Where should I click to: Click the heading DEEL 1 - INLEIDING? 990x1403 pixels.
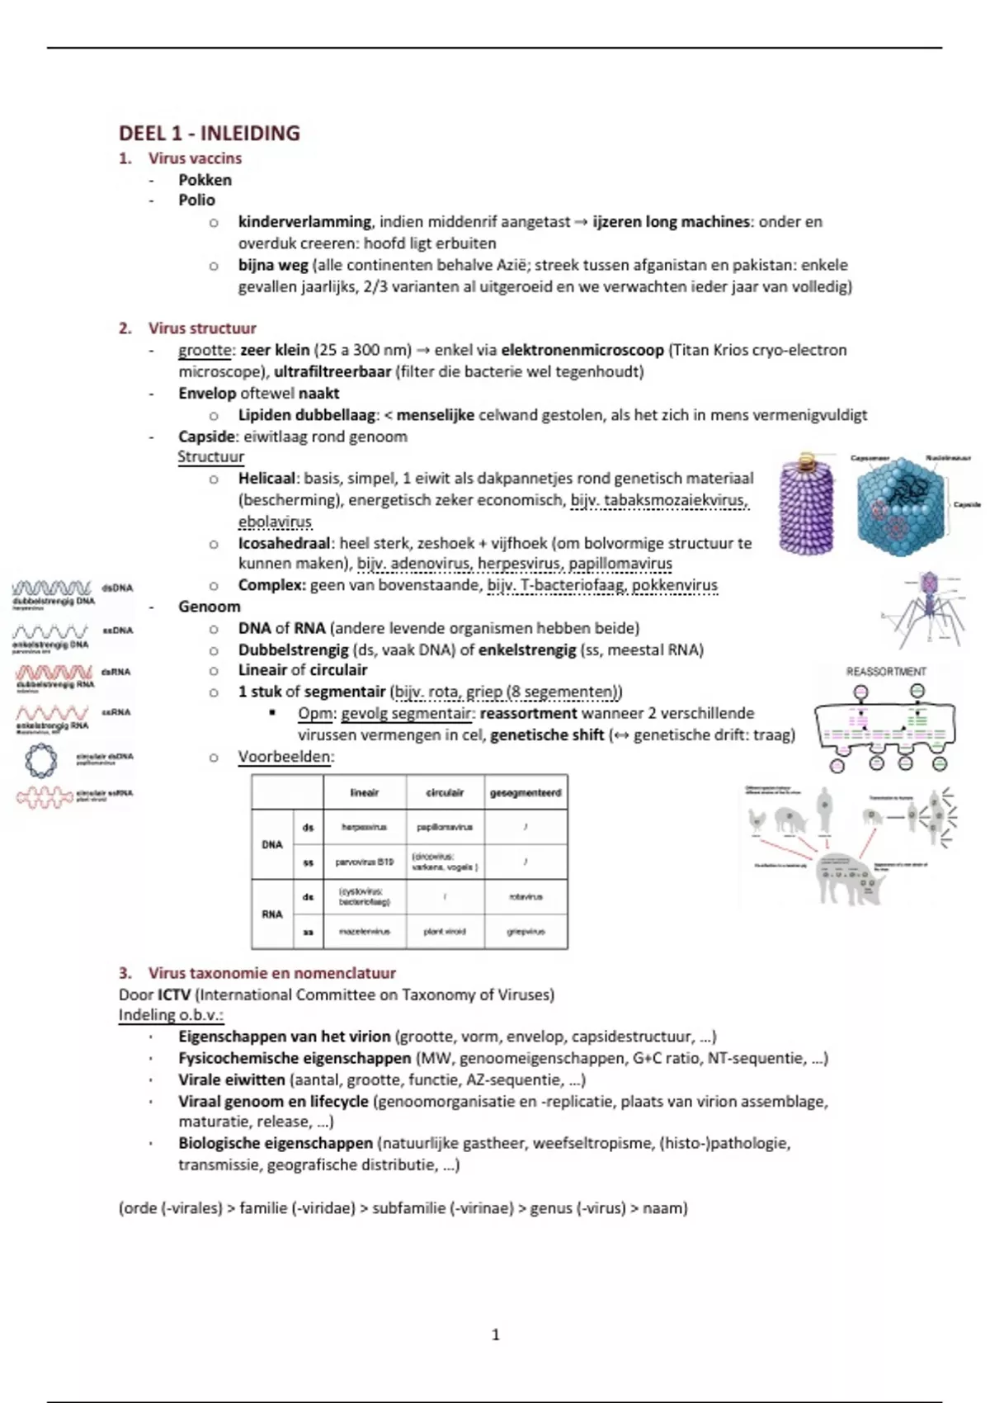pyautogui.click(x=209, y=133)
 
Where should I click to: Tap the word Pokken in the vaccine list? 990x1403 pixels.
pyautogui.click(x=205, y=180)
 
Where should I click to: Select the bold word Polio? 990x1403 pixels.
pyautogui.click(x=196, y=200)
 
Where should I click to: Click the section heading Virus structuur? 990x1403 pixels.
pyautogui.click(x=202, y=328)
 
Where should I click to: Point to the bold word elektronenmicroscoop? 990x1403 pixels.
pyautogui.click(x=582, y=350)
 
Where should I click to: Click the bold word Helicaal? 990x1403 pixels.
pyautogui.click(x=266, y=478)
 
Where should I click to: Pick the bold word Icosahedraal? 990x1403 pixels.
pyautogui.click(x=285, y=543)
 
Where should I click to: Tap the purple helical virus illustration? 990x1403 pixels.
pyautogui.click(x=806, y=504)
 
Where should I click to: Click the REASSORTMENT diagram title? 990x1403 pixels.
pyautogui.click(x=886, y=671)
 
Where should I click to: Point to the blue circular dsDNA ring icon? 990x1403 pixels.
pyautogui.click(x=40, y=760)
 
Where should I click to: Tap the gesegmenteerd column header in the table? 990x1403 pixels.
pyautogui.click(x=526, y=792)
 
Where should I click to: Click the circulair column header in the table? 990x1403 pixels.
pyautogui.click(x=445, y=792)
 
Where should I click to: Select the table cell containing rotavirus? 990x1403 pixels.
pyautogui.click(x=526, y=896)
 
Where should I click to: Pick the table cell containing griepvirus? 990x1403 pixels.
pyautogui.click(x=526, y=932)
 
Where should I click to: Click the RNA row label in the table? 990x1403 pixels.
pyautogui.click(x=272, y=914)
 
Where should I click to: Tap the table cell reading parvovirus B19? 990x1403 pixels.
pyautogui.click(x=364, y=862)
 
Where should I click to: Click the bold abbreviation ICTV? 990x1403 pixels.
pyautogui.click(x=174, y=994)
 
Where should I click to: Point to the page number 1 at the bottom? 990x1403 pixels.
pyautogui.click(x=495, y=1335)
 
